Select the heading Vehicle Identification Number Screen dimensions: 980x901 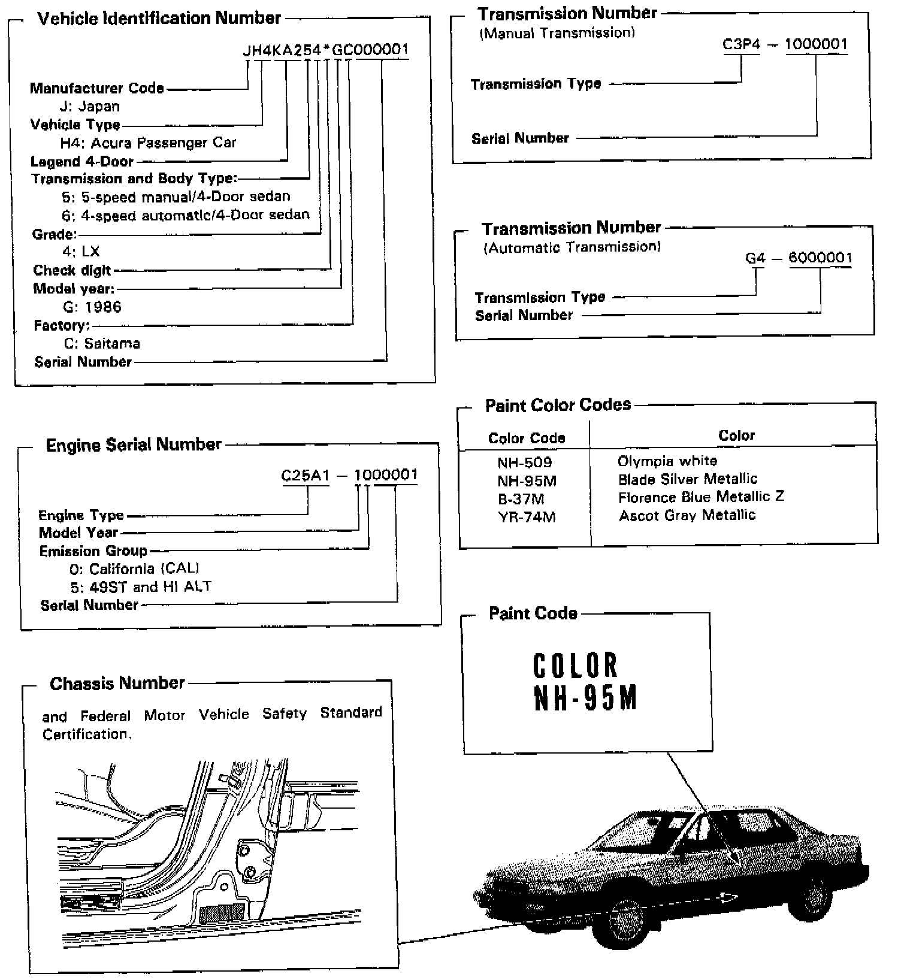[x=159, y=19]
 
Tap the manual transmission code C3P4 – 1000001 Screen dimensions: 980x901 [x=785, y=44]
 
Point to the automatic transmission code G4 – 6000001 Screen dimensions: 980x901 [x=798, y=258]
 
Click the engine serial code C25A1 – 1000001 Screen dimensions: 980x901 [x=349, y=475]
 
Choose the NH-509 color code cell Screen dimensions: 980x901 [x=525, y=462]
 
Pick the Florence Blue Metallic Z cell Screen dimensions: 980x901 [x=701, y=497]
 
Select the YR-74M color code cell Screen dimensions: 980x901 [x=527, y=517]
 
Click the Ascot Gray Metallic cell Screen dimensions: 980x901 [x=687, y=515]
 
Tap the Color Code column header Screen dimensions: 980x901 [x=527, y=438]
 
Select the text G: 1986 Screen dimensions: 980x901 [x=92, y=307]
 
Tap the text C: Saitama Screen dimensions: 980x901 [x=102, y=344]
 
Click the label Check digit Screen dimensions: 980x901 [x=72, y=270]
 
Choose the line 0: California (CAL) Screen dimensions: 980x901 [x=134, y=568]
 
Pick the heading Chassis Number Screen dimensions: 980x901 [x=117, y=683]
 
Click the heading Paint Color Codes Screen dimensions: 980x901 [x=558, y=406]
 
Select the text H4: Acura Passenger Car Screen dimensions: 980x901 [x=148, y=143]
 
